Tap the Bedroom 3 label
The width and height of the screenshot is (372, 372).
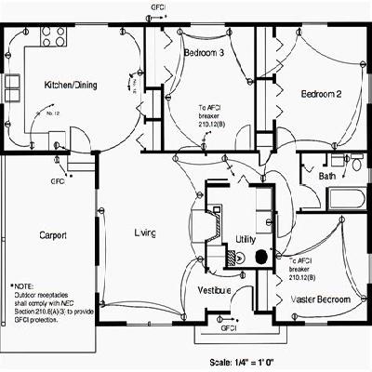tap(203, 53)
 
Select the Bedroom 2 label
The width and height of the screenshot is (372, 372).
tap(322, 94)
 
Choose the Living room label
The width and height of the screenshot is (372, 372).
tap(145, 232)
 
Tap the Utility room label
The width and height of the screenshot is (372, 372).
tap(245, 239)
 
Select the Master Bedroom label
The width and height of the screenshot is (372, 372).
tap(321, 299)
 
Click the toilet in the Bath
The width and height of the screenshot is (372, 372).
tap(355, 164)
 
